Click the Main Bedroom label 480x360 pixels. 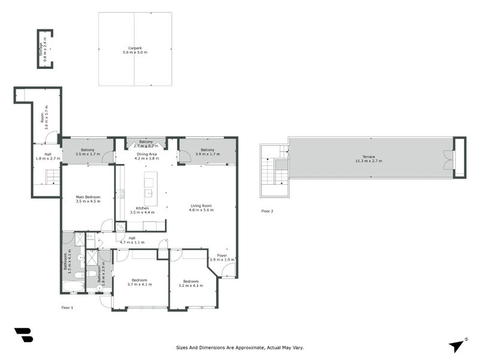coord(88,199)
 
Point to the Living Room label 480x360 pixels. coord(201,208)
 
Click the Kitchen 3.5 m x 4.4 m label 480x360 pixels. coord(142,210)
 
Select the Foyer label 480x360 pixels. coord(222,257)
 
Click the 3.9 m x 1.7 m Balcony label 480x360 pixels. coord(208,152)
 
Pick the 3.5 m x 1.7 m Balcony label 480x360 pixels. coord(88,152)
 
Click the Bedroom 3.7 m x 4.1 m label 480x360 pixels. coord(139,283)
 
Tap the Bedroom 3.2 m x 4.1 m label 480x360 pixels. coord(191,283)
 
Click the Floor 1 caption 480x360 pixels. coord(67,307)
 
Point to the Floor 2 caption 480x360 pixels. coord(267,211)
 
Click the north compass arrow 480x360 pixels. coord(457,344)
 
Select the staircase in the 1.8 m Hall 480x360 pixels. coord(53,176)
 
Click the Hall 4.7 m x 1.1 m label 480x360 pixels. coord(131,240)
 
